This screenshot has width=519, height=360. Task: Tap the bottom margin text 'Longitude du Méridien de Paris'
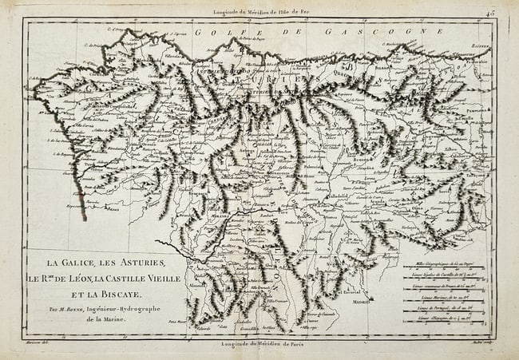coord(260,344)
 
